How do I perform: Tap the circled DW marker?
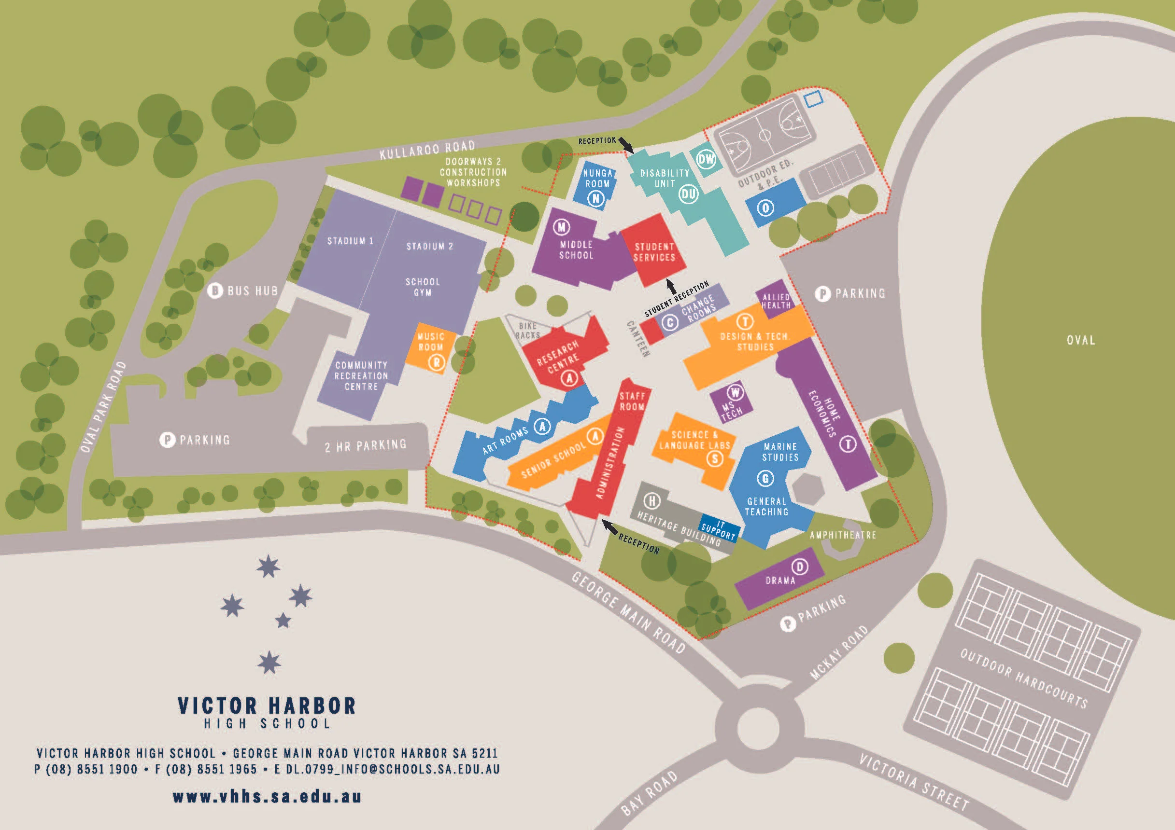706,159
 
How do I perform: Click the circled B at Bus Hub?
214,291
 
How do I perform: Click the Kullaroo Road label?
427,149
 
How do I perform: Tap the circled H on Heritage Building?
651,501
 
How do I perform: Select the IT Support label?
719,530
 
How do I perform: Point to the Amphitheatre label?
842,535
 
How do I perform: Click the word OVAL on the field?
1080,340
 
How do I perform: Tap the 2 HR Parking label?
366,446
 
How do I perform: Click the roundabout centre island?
757,727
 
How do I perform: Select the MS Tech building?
731,404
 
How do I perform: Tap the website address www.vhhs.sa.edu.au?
267,796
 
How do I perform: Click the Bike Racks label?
528,331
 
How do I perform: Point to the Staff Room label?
632,401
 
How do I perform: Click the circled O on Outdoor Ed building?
765,208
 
